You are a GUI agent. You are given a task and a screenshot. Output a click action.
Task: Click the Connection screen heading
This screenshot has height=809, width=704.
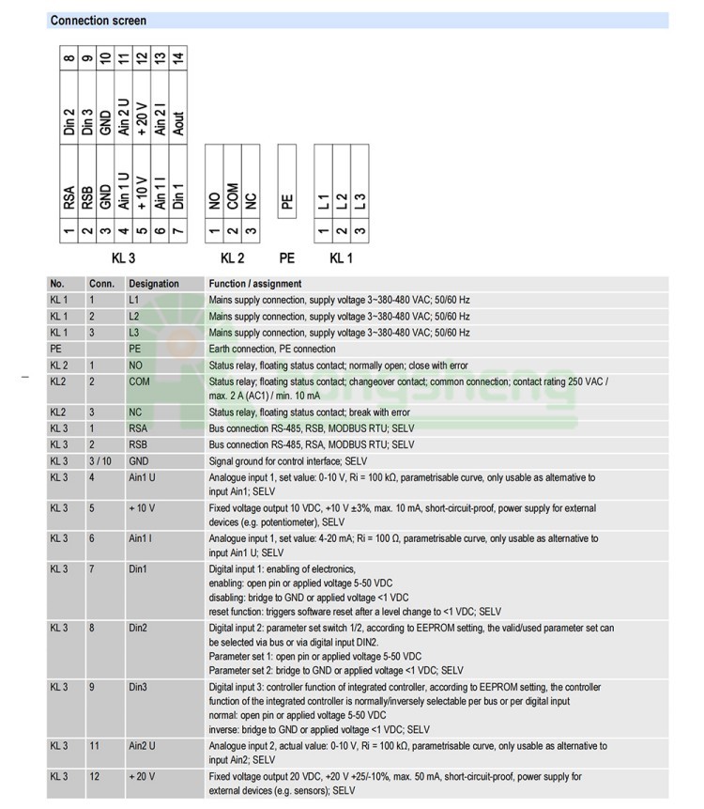coord(99,21)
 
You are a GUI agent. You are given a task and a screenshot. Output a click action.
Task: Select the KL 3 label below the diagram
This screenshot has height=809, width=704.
coord(124,257)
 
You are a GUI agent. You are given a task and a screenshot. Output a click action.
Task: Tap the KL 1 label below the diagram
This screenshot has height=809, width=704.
coord(341,257)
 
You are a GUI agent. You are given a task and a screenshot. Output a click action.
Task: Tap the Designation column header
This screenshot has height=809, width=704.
coord(154,284)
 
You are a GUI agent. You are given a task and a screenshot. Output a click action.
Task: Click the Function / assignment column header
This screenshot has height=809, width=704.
coord(255,284)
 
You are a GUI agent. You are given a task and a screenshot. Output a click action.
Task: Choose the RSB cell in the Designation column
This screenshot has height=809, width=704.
coord(138,444)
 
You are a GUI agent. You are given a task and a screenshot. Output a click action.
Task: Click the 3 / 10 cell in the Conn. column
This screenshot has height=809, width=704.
coord(99,461)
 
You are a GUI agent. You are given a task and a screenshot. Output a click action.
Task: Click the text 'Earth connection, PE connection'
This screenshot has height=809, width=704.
coord(272,349)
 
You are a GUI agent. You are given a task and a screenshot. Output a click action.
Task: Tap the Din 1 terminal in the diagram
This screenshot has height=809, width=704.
coord(178,198)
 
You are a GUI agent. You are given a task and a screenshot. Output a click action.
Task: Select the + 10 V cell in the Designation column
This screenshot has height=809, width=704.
coord(143,507)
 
